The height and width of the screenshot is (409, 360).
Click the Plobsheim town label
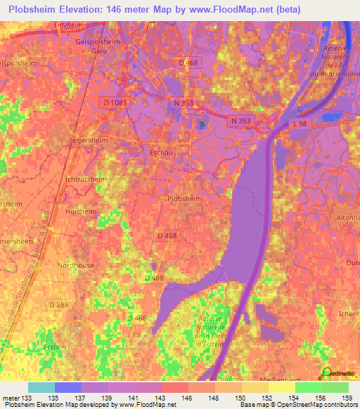click(185, 199)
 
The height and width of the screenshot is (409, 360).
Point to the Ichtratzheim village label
click(86, 179)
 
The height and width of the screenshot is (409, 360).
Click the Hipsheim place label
click(79, 211)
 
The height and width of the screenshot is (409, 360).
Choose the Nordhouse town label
click(75, 265)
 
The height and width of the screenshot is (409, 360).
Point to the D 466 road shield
click(138, 318)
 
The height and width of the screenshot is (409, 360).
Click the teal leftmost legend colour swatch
click(41, 387)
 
